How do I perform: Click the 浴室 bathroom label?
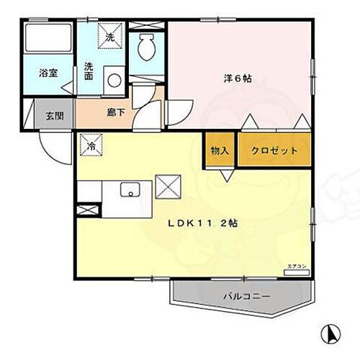click(x=48, y=73)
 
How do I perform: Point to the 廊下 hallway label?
click(x=107, y=113)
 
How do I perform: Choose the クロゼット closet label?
click(x=276, y=151)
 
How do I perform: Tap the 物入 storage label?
click(x=220, y=151)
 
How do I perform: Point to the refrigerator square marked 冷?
click(x=91, y=145)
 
